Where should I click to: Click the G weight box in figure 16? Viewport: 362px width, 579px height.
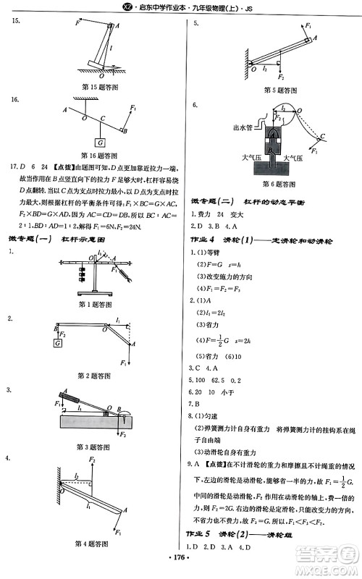[x=100, y=143]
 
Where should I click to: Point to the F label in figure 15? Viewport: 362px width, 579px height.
[x=77, y=23]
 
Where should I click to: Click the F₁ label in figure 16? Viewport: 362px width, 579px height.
[x=133, y=109]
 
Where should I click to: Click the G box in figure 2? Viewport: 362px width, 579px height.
[x=56, y=342]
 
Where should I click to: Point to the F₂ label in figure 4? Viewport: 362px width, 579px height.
[x=92, y=460]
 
